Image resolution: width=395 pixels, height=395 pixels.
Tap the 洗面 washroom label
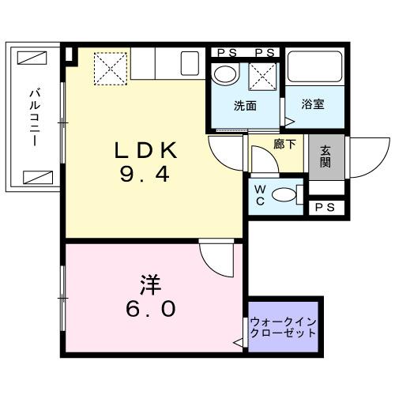click(x=244, y=106)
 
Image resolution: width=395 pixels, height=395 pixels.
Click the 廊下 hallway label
click(x=284, y=145)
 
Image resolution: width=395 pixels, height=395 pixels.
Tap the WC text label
click(x=259, y=195)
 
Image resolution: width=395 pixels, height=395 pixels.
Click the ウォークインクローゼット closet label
click(x=283, y=327)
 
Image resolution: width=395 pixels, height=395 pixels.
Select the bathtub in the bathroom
click(x=315, y=70)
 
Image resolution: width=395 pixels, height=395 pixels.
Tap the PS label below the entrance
click(x=325, y=207)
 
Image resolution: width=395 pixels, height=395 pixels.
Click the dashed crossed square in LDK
click(x=110, y=68)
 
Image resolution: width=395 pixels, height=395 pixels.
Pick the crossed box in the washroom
click(x=261, y=77)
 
